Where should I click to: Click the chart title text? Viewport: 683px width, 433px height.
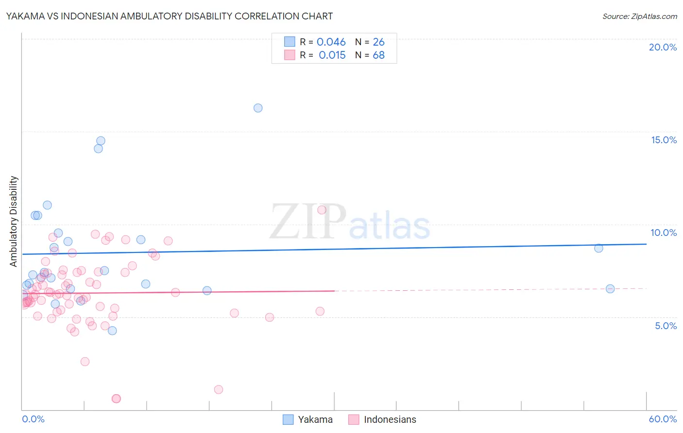169,16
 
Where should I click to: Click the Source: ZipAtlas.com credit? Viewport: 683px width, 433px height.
639,17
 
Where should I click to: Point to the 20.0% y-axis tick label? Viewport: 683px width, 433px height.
663,47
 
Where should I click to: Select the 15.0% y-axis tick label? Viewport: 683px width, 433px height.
664,140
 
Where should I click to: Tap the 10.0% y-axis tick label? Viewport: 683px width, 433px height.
664,233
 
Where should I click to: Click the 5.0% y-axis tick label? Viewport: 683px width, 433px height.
666,326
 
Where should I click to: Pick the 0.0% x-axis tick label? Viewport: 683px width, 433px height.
33,419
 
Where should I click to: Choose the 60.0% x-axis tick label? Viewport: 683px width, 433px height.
663,419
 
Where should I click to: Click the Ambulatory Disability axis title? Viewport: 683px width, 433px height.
14,221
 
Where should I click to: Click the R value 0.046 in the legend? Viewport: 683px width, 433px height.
331,42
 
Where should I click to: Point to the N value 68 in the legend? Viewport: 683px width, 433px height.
378,55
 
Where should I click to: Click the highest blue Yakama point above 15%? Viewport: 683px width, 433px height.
258,108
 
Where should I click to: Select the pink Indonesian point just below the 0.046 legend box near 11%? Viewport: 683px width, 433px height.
322,210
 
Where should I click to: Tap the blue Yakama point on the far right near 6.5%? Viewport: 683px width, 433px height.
610,289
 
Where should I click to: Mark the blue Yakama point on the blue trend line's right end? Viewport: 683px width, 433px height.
598,248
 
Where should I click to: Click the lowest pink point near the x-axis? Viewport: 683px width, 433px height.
116,399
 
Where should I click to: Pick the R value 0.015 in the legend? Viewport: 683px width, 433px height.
332,55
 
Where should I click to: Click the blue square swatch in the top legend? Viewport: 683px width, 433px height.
290,42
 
